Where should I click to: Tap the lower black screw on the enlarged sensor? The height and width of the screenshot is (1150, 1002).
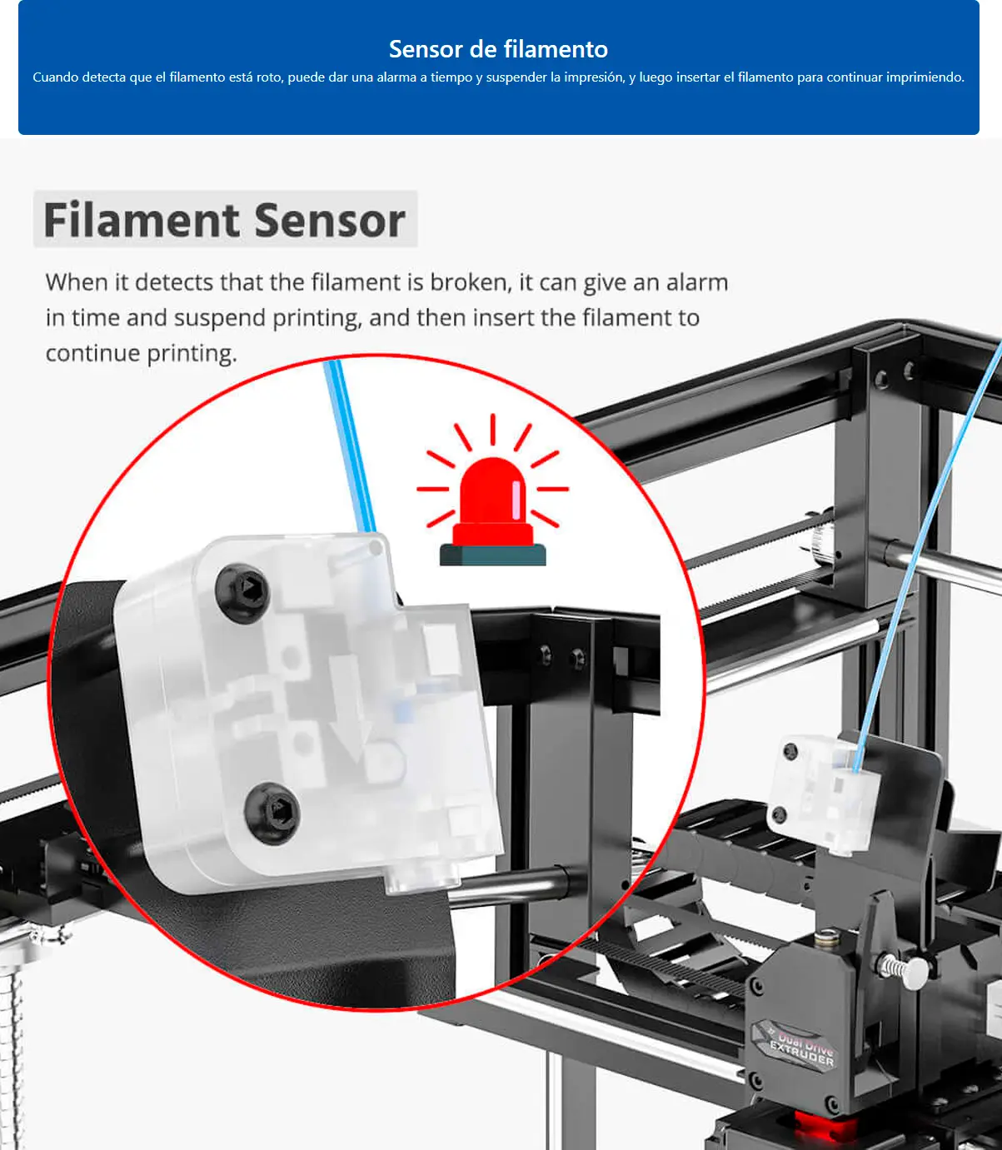point(272,812)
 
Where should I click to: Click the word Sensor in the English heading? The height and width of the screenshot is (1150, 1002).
point(330,221)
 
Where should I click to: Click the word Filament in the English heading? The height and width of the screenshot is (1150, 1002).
point(142,221)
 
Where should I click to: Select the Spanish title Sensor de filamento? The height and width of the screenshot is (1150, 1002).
point(498,49)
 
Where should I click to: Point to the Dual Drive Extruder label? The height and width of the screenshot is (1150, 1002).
point(801,1047)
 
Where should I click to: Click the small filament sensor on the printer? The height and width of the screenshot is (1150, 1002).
point(820,791)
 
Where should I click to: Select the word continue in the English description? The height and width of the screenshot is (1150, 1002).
point(92,354)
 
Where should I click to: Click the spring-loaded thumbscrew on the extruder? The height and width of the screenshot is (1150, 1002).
point(903,968)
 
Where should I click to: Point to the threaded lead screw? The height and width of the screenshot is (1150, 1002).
point(11,1058)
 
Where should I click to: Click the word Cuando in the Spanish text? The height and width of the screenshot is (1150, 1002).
point(55,77)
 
